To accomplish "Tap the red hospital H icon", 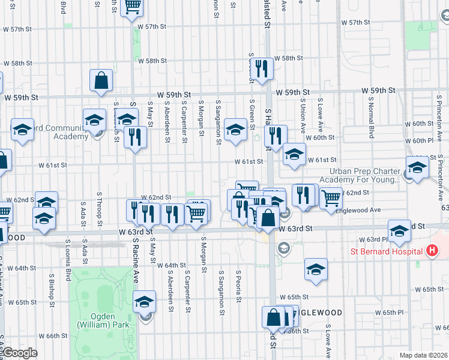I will tap(430, 250).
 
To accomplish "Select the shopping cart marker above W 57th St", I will tap(133, 7).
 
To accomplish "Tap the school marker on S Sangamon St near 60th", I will tap(235, 129).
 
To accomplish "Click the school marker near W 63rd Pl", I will tap(400, 231).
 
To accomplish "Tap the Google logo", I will tap(19, 352).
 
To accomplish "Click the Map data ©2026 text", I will tap(424, 355).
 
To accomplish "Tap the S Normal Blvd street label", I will tap(372, 116).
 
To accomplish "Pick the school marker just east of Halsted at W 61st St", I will tap(294, 154).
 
